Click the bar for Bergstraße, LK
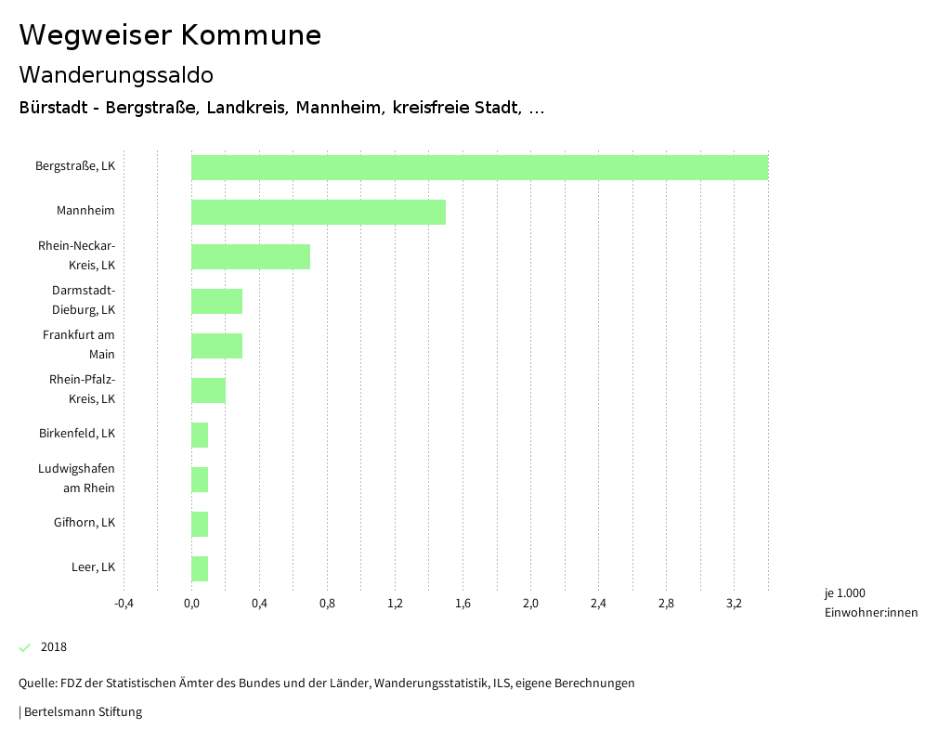coord(479,167)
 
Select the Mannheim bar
coord(319,212)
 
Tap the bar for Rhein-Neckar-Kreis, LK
coord(251,256)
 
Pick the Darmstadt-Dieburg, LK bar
coord(216,301)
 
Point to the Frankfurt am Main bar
coord(216,345)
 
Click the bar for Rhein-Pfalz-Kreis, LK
coord(208,390)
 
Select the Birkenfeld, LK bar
coord(200,435)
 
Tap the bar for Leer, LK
coord(200,568)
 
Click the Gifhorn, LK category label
coord(85,523)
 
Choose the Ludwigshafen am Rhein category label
coord(77,478)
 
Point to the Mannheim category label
coord(85,211)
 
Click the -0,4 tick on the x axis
coord(124,604)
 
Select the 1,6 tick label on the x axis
coord(462,604)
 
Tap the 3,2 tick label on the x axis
coord(734,604)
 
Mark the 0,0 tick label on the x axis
coord(191,604)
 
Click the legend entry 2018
coord(54,647)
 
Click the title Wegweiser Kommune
coord(170,35)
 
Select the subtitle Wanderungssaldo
coord(116,74)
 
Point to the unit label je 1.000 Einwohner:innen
coord(870,603)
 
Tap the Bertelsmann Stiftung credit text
coord(82,712)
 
